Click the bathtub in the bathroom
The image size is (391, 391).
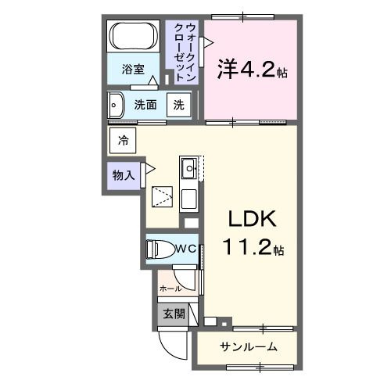coord(134,37)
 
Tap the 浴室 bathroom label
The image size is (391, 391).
coord(133,69)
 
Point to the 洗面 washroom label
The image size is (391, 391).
coord(146,105)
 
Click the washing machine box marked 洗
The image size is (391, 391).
coord(179,105)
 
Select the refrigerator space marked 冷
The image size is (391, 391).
coord(123,141)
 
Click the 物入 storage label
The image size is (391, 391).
coord(124,175)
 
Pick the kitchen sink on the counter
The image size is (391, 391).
coord(189,167)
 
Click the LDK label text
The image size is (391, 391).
coord(251,218)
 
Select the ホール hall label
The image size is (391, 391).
coord(170,289)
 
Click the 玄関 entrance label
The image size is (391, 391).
coord(174,314)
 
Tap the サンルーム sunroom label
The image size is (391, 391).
coord(246,347)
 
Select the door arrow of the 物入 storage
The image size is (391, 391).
coord(150,168)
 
